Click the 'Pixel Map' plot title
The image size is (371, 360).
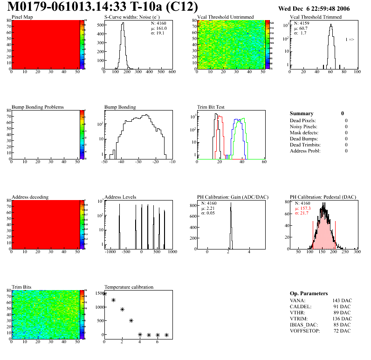point(22,17)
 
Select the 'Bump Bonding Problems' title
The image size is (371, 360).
point(38,107)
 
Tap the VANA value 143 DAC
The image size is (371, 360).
point(342,300)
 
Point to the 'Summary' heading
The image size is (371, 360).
point(302,113)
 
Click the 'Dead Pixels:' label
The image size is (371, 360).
point(303,120)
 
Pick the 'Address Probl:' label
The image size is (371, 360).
point(305,151)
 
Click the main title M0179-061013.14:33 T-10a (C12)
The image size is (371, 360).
point(103,7)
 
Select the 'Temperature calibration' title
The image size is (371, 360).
point(129,287)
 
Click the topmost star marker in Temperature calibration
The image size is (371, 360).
point(104,294)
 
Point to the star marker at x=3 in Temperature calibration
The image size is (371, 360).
point(131,320)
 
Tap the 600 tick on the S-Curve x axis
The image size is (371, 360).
point(172,72)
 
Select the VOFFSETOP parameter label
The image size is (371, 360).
point(305,331)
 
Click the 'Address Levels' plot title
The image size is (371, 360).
point(120,197)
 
